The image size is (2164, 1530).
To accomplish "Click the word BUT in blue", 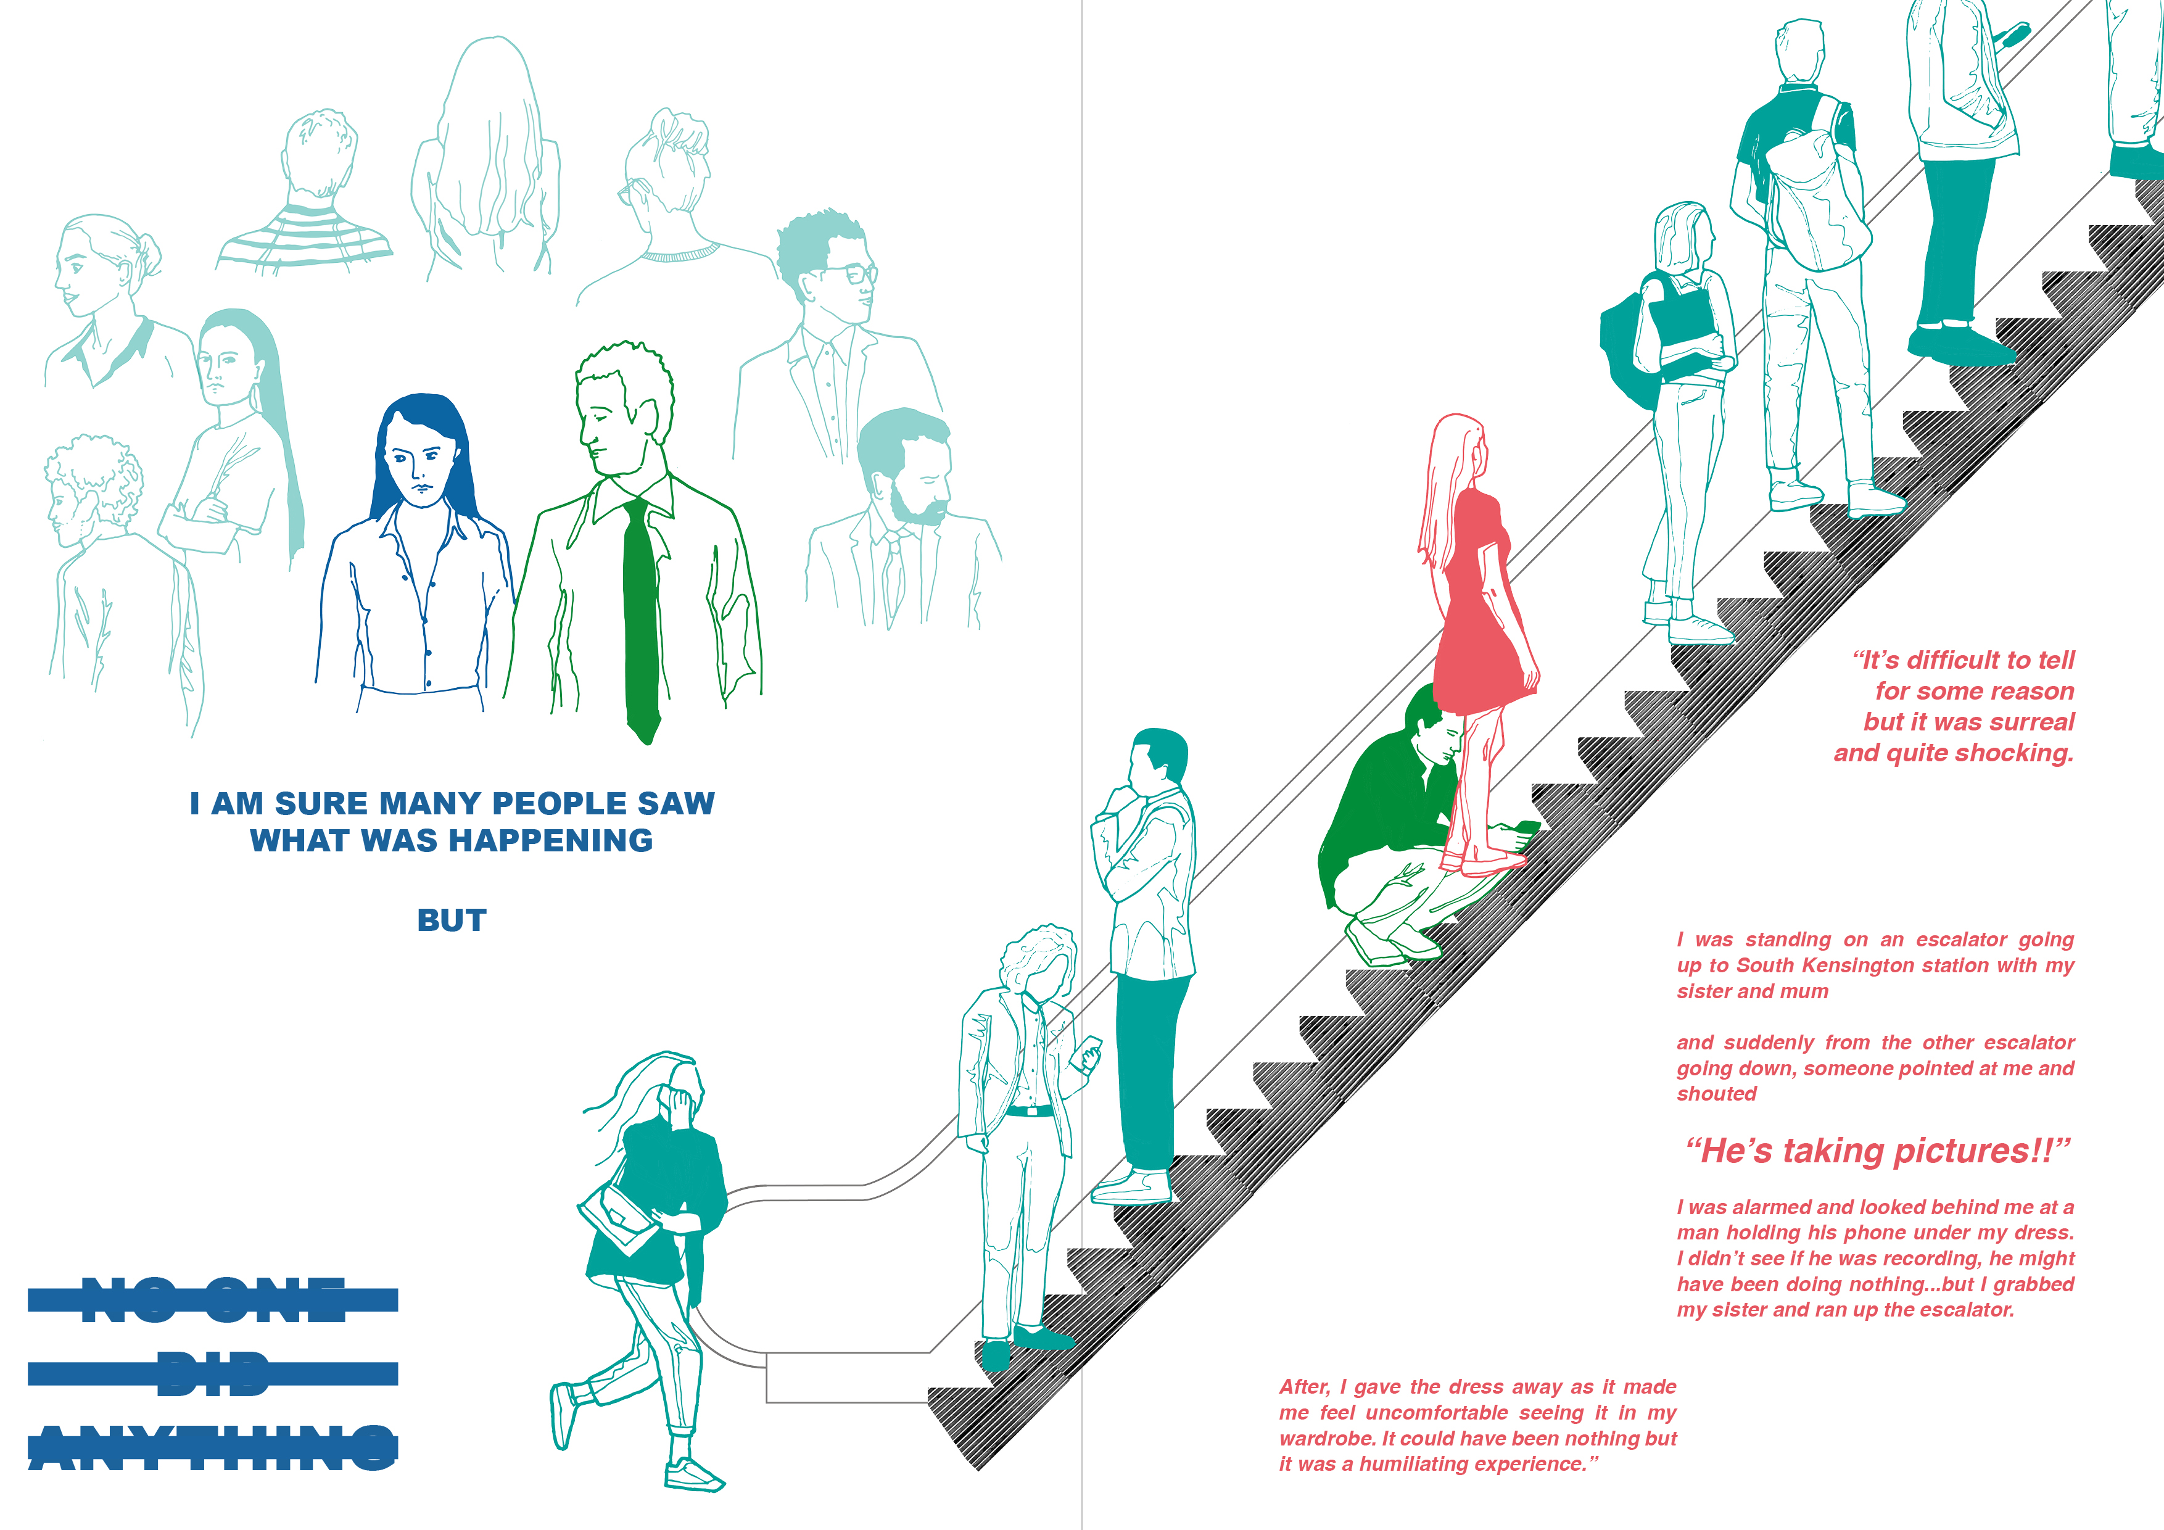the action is pyautogui.click(x=452, y=920).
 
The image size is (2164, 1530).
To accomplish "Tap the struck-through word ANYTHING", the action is pyautogui.click(x=213, y=1448).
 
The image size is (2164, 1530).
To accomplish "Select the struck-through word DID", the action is pyautogui.click(x=213, y=1373).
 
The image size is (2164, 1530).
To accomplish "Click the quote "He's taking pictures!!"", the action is pyautogui.click(x=1878, y=1151).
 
